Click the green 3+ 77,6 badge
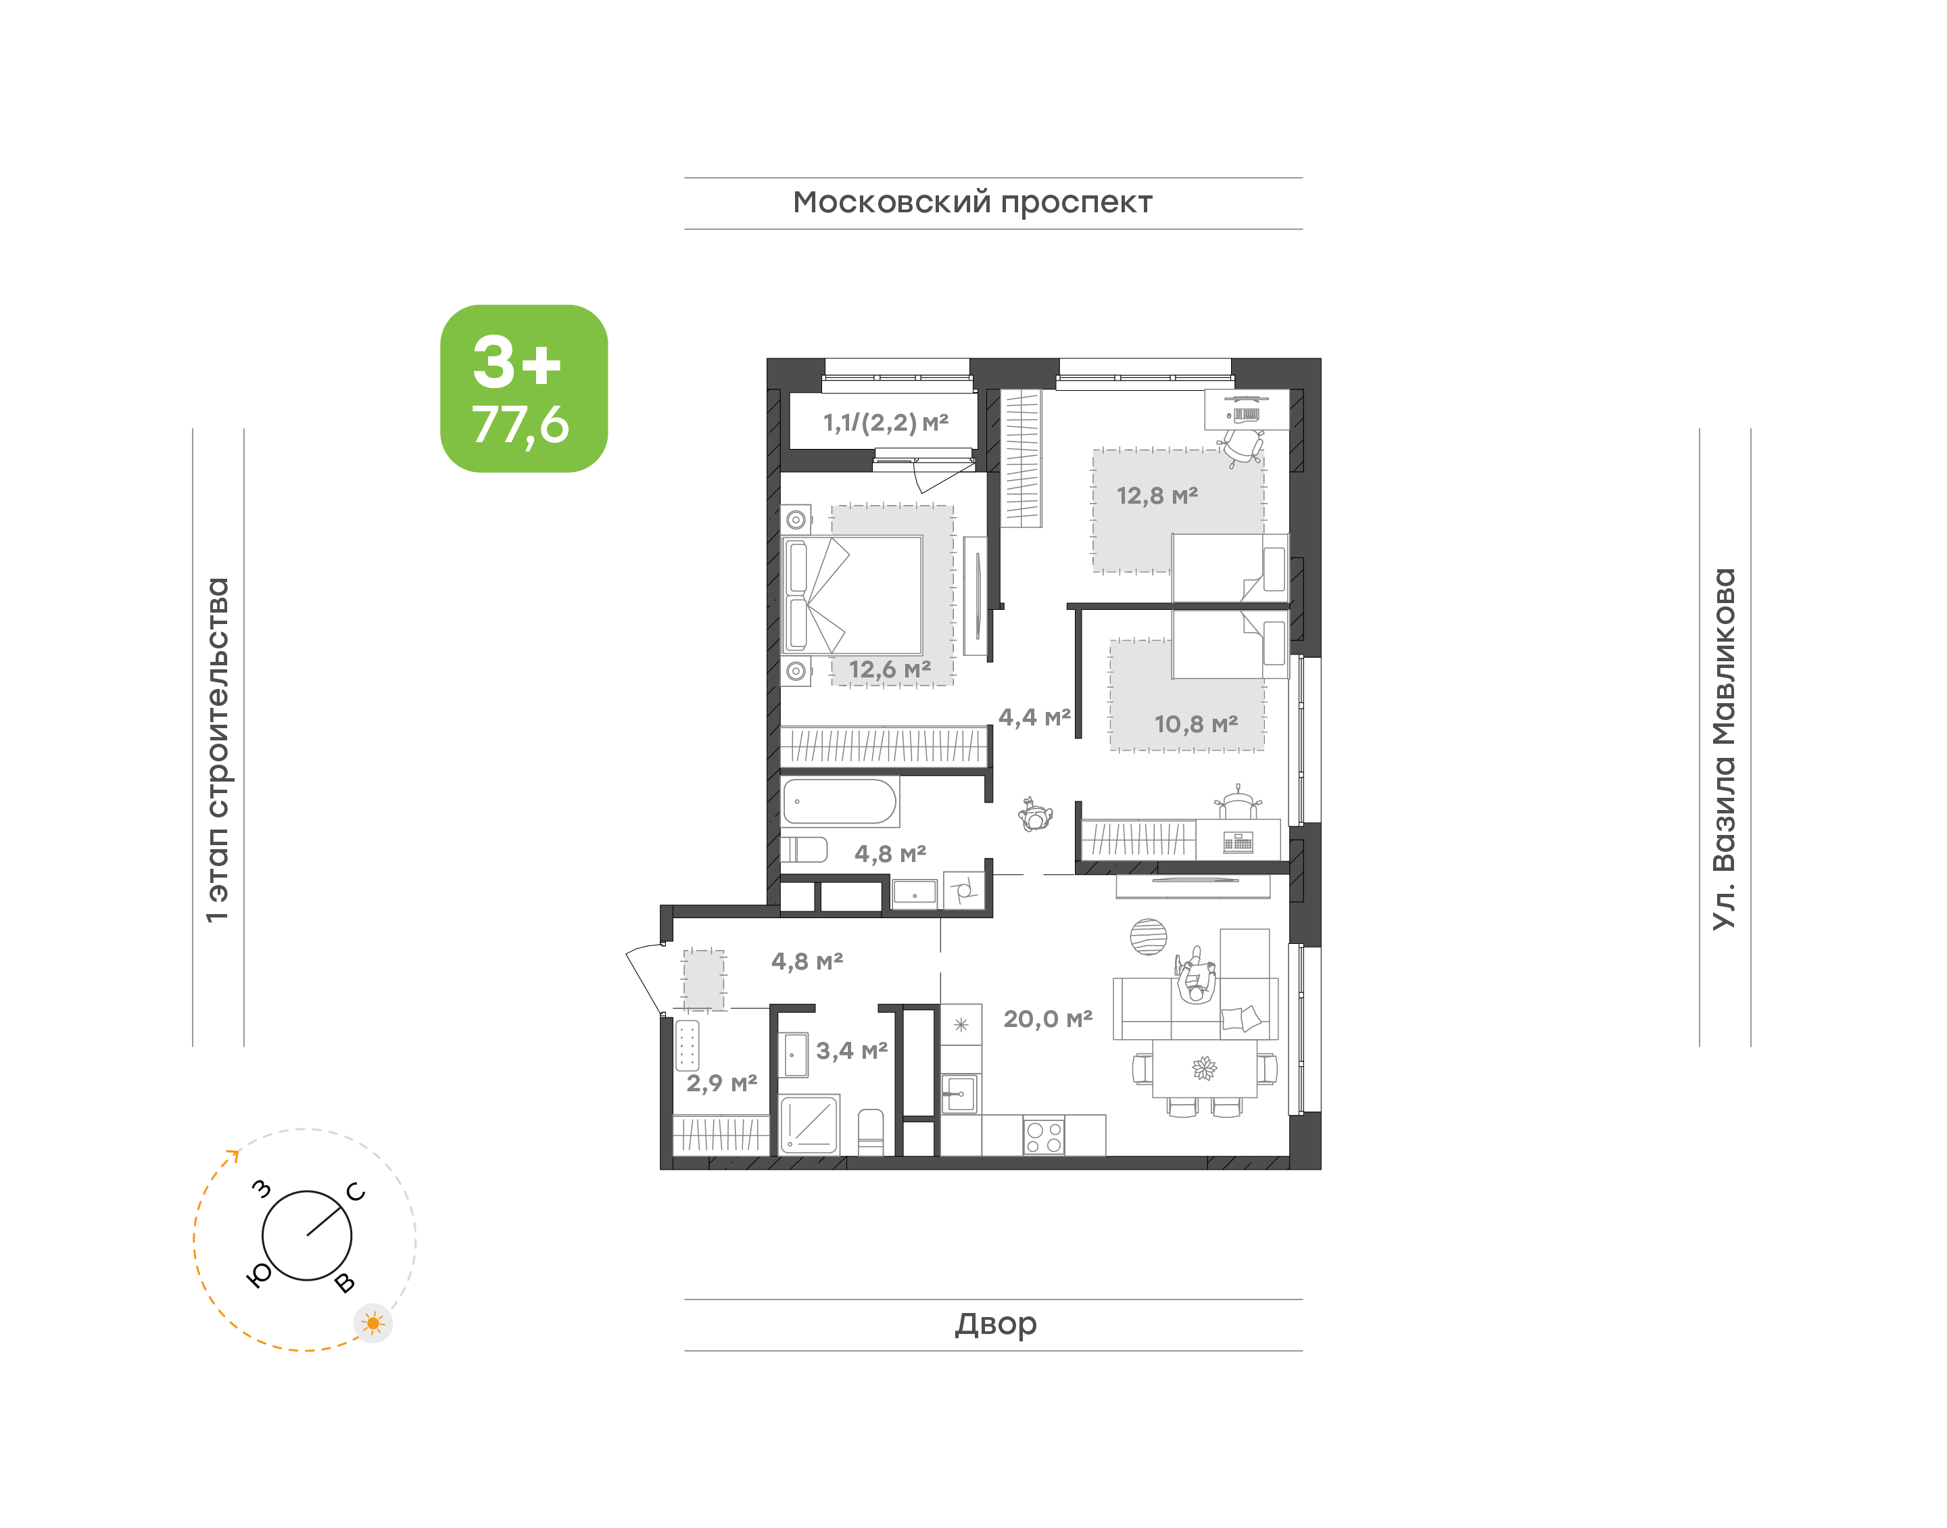coord(523,388)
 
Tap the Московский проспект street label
coord(972,203)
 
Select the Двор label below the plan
coord(995,1323)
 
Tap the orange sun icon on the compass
coord(373,1323)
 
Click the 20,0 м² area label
coord(1048,1019)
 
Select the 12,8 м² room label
coord(1157,496)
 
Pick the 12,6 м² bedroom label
coord(890,669)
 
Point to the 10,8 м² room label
coord(1196,723)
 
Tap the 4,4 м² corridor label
coord(1035,717)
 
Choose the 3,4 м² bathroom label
coord(851,1050)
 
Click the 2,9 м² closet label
coord(722,1083)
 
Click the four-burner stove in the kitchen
coord(1044,1136)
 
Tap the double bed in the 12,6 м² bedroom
coord(852,595)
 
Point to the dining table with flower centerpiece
coord(1205,1068)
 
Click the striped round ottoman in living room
coord(1149,936)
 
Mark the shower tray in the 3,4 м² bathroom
coord(809,1124)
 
